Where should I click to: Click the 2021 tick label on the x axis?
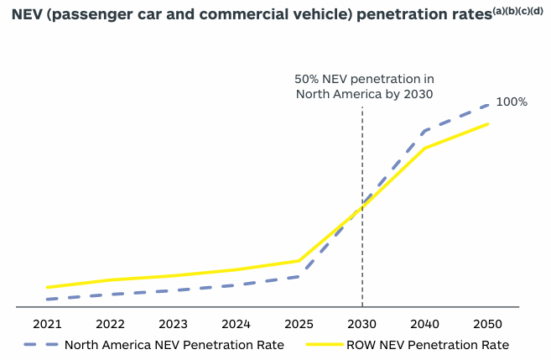pos(48,325)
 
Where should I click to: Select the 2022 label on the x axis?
pos(111,325)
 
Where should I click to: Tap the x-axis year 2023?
pos(174,325)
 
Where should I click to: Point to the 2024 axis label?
pos(237,325)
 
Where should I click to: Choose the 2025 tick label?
pos(299,325)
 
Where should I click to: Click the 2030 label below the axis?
pos(362,325)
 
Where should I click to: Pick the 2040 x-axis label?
pos(425,325)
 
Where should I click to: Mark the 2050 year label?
pos(488,325)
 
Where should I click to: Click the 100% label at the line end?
pos(512,102)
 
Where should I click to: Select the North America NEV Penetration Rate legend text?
pos(174,345)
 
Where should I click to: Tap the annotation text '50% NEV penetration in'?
pos(363,78)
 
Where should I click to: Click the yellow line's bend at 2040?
pos(425,149)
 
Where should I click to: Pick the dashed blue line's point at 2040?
pos(425,131)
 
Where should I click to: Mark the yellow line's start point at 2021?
pos(48,287)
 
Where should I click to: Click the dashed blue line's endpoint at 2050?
pos(488,106)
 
